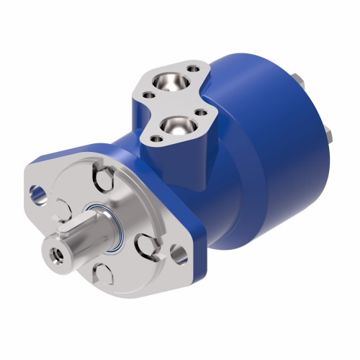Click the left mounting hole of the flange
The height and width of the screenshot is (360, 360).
tap(36, 193)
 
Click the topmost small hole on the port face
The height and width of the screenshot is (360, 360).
tap(194, 71)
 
